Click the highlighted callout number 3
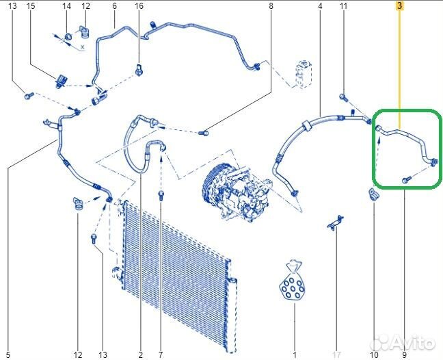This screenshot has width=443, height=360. pyautogui.click(x=399, y=5)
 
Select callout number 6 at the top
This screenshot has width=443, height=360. pyautogui.click(x=114, y=5)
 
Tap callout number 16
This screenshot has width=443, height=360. pyautogui.click(x=139, y=5)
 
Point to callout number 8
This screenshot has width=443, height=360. pyautogui.click(x=271, y=5)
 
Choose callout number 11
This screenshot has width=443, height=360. pyautogui.click(x=343, y=5)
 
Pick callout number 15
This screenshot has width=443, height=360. pyautogui.click(x=31, y=5)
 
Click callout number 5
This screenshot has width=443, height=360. pyautogui.click(x=8, y=355)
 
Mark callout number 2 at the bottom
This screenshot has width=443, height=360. pyautogui.click(x=140, y=355)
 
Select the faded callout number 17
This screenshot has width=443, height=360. pyautogui.click(x=336, y=355)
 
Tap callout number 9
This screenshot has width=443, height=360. pyautogui.click(x=404, y=355)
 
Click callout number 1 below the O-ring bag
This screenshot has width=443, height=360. pyautogui.click(x=295, y=355)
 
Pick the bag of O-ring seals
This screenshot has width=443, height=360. pyautogui.click(x=292, y=280)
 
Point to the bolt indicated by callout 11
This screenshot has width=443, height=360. pyautogui.click(x=343, y=98)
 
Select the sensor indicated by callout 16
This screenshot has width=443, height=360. pyautogui.click(x=139, y=69)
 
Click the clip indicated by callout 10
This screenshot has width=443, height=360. pyautogui.click(x=373, y=194)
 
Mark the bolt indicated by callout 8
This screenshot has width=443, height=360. pyautogui.click(x=204, y=132)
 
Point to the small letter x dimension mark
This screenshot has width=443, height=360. pyautogui.click(x=83, y=47)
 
